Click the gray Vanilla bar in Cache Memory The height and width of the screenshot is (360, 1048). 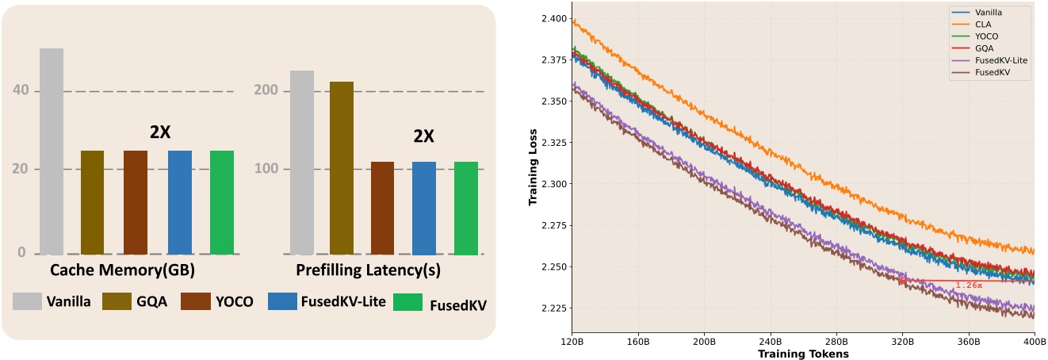(x=52, y=151)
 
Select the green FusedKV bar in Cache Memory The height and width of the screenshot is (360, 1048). (x=222, y=201)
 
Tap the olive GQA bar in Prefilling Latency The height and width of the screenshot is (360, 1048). (x=342, y=167)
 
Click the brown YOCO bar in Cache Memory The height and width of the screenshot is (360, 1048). (x=136, y=201)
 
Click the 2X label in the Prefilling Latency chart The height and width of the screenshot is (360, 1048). (x=424, y=136)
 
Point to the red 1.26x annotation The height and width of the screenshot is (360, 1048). (x=970, y=285)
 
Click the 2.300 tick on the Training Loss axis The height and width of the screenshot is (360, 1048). (x=552, y=184)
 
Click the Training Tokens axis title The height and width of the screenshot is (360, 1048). (x=803, y=353)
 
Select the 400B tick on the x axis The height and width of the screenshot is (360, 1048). (x=1033, y=341)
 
